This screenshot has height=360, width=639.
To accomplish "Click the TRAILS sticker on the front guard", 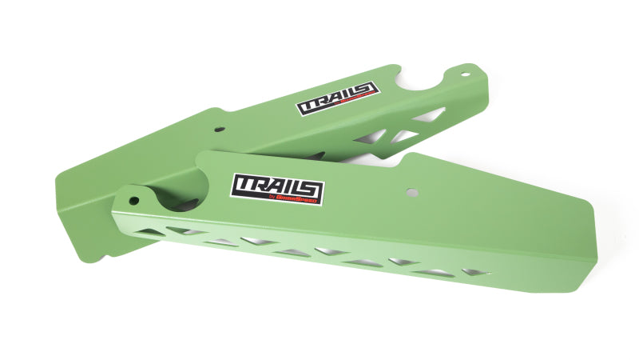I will coord(277,189).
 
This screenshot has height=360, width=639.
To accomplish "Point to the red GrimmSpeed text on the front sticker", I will coord(301,201).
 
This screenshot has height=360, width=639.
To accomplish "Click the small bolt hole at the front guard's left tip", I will coord(134,201).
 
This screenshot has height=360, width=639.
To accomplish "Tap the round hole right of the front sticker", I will coord(411,193).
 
